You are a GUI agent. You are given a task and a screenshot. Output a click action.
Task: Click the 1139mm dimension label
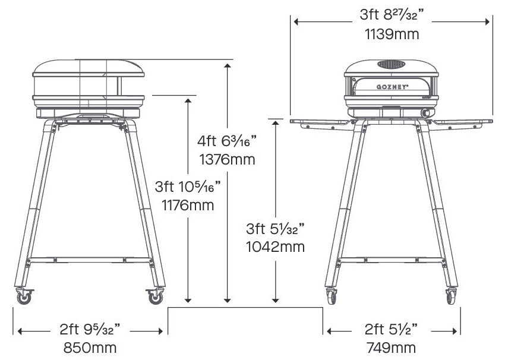pos(392,34)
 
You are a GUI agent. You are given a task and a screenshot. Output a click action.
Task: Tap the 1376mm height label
pos(227,159)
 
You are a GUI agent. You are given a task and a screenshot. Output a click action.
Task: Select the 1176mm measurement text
pos(188,205)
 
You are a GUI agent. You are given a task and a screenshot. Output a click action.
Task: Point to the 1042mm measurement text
pos(276,246)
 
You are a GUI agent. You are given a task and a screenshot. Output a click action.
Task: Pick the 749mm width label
pos(392,348)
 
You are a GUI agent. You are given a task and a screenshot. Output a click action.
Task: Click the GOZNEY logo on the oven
pos(391,87)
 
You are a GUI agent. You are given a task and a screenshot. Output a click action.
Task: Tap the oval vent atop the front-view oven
pos(392,64)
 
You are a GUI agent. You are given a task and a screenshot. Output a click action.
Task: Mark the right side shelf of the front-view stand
pos(463,122)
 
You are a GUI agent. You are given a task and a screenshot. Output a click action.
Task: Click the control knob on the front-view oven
pos(425,112)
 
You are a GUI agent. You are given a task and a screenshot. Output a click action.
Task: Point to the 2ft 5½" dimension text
pos(392,328)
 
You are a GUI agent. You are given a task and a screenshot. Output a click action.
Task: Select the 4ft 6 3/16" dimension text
pos(227,141)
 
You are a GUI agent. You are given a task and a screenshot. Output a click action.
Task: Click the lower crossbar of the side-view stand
pos(89,259)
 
